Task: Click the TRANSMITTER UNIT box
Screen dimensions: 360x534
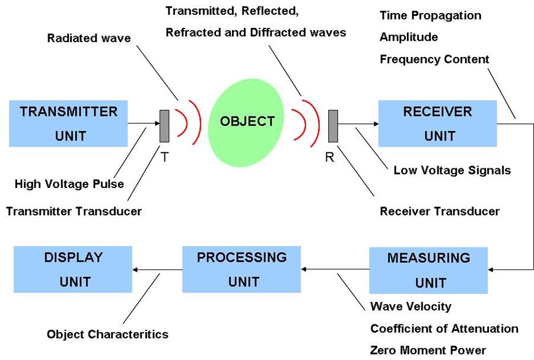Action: [68, 123]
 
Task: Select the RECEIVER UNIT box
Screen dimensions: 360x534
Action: [437, 123]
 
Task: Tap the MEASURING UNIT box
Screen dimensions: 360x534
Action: [428, 270]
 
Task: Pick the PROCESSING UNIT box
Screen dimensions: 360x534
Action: [241, 269]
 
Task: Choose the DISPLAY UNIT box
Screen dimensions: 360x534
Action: [72, 269]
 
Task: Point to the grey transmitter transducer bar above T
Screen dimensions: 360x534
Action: [164, 125]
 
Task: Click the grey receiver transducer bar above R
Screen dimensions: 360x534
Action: [333, 125]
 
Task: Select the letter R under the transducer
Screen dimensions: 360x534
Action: [330, 158]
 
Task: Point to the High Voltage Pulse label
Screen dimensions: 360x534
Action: [69, 184]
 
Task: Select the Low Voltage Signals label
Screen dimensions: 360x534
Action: [452, 171]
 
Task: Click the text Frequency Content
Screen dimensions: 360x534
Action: [434, 59]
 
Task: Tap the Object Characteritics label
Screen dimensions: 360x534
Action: [107, 334]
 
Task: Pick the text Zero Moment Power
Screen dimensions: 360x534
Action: [428, 350]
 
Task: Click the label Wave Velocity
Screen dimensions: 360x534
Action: [411, 307]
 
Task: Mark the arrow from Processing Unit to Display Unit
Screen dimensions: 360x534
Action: [157, 270]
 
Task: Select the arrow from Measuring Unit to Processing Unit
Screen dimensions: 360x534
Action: [335, 270]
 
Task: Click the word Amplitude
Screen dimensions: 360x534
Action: [409, 37]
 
